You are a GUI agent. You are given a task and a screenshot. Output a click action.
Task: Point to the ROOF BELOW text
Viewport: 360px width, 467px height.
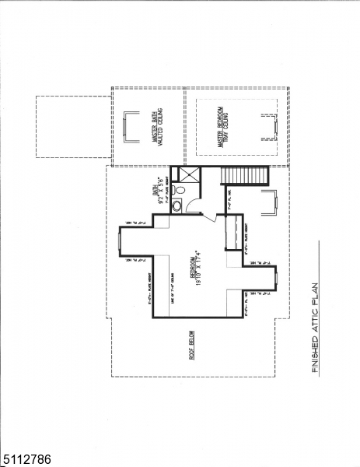pyautogui.click(x=194, y=347)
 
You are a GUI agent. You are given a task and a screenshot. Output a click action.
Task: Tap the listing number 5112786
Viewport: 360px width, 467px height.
pyautogui.click(x=26, y=460)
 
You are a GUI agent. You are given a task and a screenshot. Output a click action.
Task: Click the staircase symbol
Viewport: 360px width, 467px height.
pyautogui.click(x=243, y=175)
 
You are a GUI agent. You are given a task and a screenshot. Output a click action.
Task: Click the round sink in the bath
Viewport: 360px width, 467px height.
pyautogui.click(x=176, y=206)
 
